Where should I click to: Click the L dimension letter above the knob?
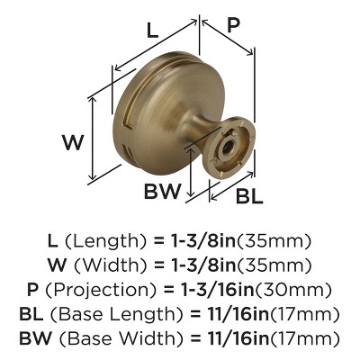(x=152, y=30)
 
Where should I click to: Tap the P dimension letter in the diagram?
(x=233, y=26)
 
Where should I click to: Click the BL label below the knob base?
(x=251, y=194)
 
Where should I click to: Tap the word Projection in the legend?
(x=112, y=290)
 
